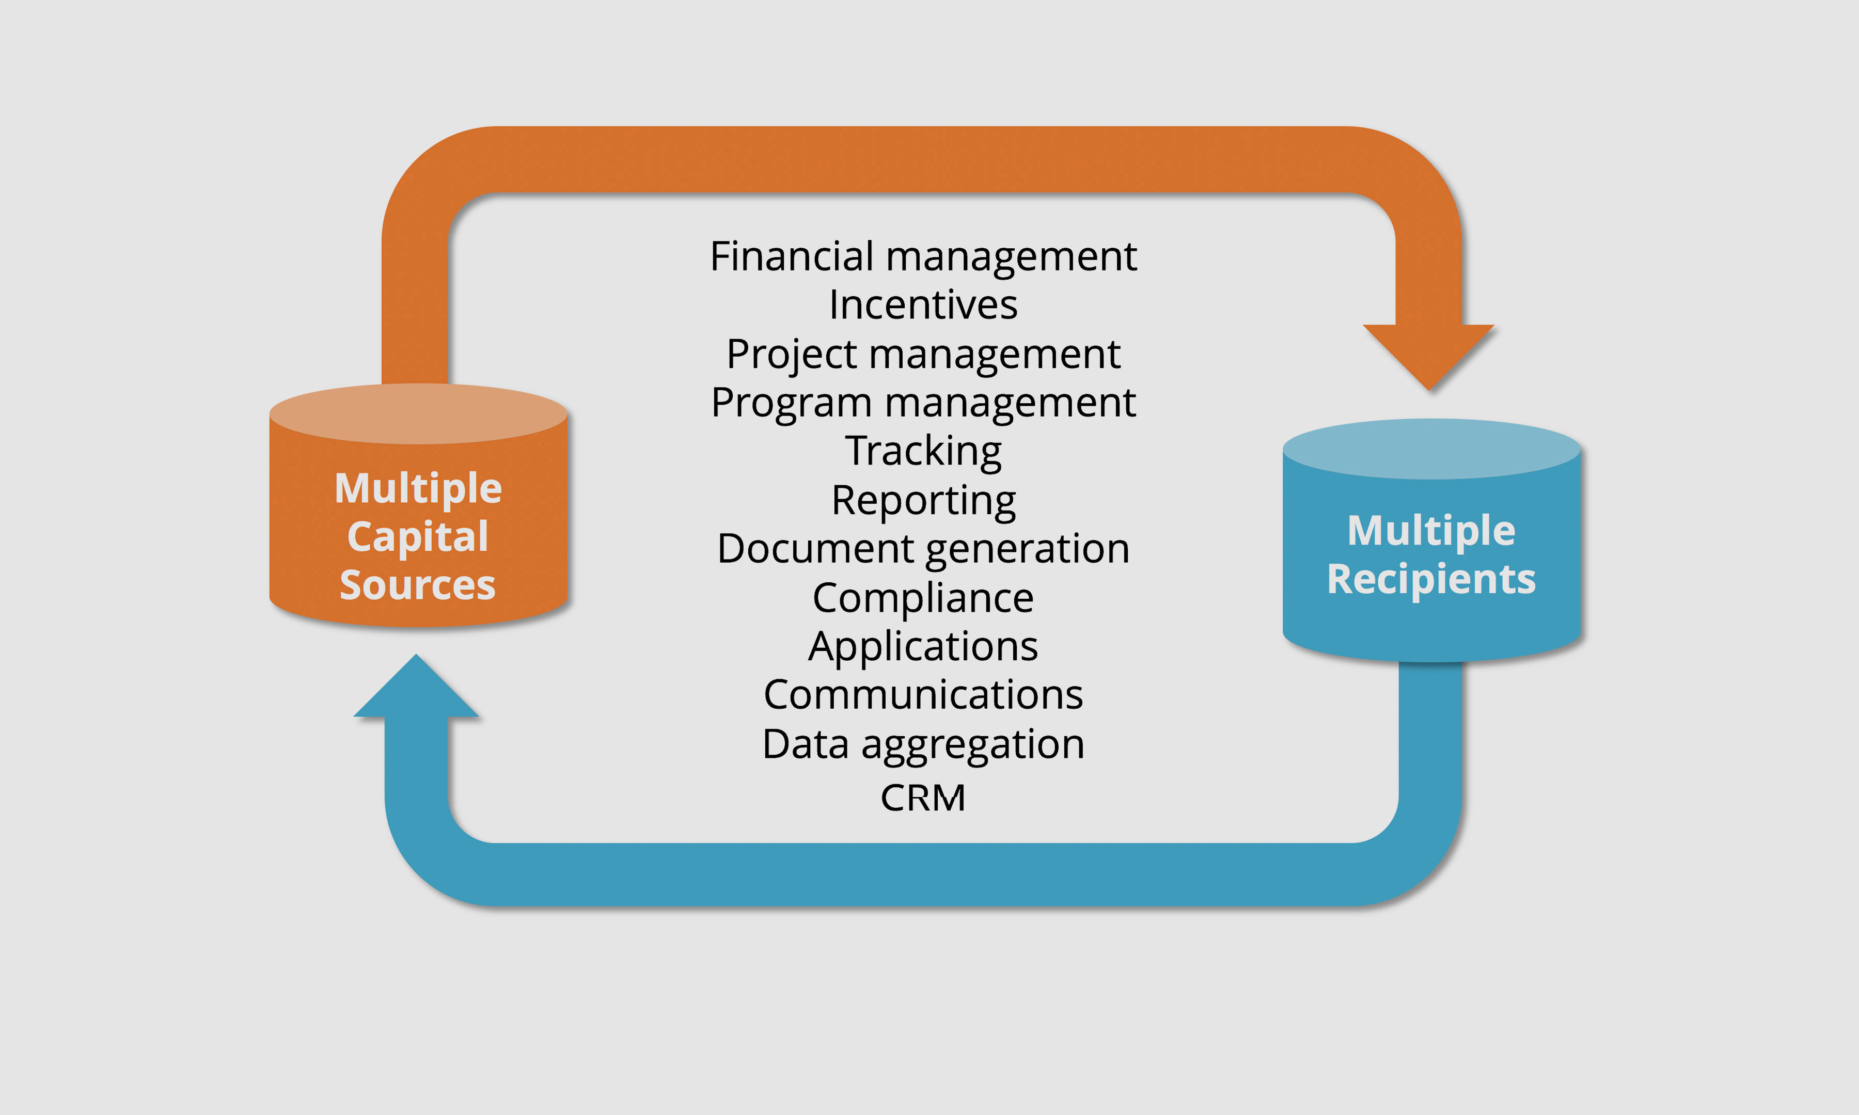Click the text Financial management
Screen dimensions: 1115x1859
click(923, 257)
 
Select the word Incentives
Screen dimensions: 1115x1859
click(923, 305)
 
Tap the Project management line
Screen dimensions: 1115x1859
click(923, 354)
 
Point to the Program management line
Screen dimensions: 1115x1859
click(923, 403)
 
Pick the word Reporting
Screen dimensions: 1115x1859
click(923, 500)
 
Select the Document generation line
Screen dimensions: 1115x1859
click(923, 549)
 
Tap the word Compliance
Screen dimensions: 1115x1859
click(923, 598)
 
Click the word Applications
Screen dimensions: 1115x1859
click(923, 646)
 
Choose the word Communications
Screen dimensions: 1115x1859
click(923, 695)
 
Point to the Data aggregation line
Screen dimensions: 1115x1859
click(923, 744)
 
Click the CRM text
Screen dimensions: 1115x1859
click(923, 798)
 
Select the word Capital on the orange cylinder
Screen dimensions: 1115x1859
click(418, 536)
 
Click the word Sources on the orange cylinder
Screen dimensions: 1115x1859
click(418, 584)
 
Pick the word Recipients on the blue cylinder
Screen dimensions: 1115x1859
click(1431, 579)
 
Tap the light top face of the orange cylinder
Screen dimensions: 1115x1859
click(418, 413)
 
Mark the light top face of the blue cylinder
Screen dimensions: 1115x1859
click(1431, 449)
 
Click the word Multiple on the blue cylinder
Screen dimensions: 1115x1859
click(1431, 531)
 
